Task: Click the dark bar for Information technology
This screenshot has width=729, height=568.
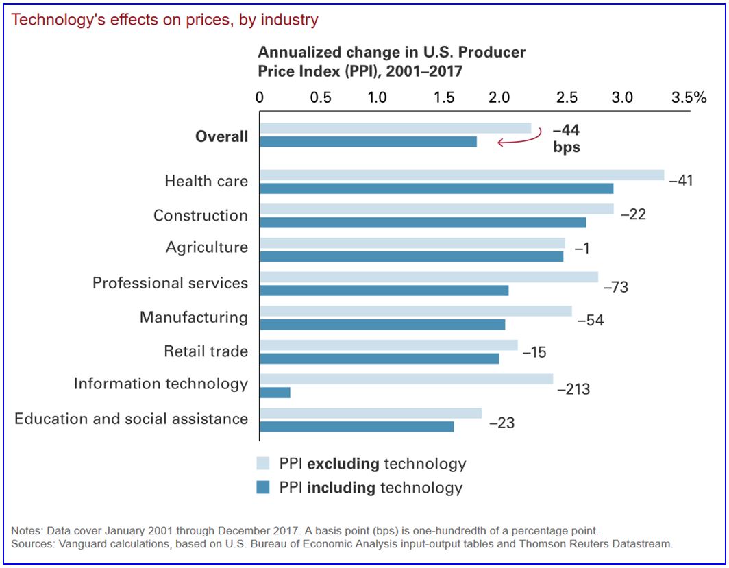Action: click(x=275, y=393)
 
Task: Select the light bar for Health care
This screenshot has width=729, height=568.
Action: click(x=462, y=175)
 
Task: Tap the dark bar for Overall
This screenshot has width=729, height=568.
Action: click(x=368, y=142)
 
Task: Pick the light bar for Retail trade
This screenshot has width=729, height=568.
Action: click(x=388, y=345)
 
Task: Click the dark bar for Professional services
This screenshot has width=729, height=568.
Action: click(x=384, y=291)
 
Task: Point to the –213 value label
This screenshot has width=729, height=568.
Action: click(x=573, y=390)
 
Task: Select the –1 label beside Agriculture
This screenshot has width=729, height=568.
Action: click(x=582, y=249)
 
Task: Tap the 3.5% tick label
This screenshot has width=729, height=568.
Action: click(x=689, y=97)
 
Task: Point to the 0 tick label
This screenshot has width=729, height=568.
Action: click(x=260, y=97)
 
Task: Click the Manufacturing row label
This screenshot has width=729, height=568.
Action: click(x=194, y=318)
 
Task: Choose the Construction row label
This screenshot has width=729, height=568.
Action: click(x=201, y=216)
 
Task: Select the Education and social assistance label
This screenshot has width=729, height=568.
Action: click(x=132, y=419)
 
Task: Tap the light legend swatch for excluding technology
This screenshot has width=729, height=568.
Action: click(x=264, y=464)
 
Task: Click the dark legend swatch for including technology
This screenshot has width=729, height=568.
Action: click(x=264, y=488)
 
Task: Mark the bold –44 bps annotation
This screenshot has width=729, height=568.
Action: click(x=567, y=138)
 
